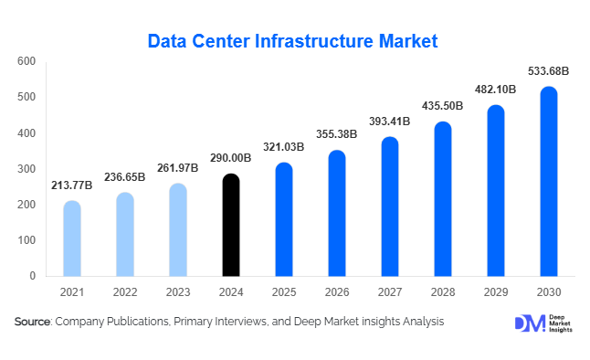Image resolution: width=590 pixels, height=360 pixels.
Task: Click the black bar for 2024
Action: [231, 225]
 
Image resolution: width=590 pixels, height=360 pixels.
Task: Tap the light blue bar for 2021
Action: [72, 238]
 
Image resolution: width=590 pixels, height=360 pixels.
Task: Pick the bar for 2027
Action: [390, 206]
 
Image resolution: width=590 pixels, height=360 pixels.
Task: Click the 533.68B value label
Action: [548, 70]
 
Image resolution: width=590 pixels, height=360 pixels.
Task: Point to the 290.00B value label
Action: [231, 158]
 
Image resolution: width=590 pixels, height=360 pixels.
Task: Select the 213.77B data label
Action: [72, 185]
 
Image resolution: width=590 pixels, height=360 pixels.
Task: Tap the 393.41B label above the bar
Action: [390, 122]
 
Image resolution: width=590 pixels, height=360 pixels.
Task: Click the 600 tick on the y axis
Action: [26, 61]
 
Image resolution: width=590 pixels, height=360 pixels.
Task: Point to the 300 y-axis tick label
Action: [26, 169]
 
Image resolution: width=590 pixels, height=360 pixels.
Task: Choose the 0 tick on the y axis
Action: [32, 276]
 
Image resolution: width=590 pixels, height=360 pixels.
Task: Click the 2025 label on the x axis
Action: [284, 293]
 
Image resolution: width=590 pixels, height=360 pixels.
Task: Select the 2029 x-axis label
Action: [495, 293]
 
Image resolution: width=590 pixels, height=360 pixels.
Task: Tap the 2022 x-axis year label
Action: [125, 293]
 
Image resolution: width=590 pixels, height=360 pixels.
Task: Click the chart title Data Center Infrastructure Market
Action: [293, 41]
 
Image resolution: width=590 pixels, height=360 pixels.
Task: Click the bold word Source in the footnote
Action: [33, 322]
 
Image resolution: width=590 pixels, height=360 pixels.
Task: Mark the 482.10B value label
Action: [495, 90]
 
